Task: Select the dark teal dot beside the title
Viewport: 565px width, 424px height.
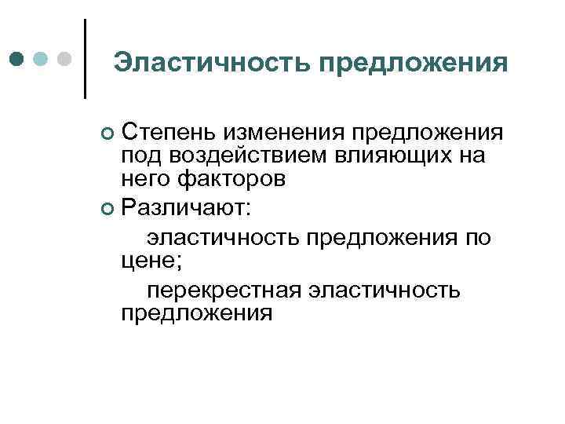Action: tap(16, 59)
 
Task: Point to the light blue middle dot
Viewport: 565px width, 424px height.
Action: tap(42, 59)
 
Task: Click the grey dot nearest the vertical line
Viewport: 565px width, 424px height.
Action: tap(66, 59)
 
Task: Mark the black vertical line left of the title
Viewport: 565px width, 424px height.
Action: tap(85, 59)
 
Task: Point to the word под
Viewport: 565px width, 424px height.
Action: tap(138, 155)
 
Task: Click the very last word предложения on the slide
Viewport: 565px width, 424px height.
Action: tap(197, 314)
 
